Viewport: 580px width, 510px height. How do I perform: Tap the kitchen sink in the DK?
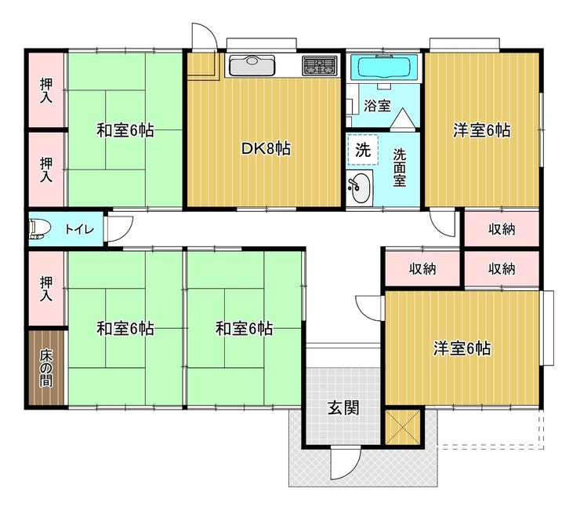pyautogui.click(x=252, y=66)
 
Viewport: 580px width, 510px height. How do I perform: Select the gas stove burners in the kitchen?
pyautogui.click(x=320, y=66)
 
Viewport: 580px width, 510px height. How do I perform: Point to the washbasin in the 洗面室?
pyautogui.click(x=359, y=188)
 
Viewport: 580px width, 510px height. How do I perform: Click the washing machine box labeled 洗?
pyautogui.click(x=363, y=150)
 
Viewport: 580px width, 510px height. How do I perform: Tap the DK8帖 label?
pyautogui.click(x=266, y=148)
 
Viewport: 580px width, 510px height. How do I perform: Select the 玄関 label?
pyautogui.click(x=343, y=408)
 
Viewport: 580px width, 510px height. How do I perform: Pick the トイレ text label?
pyautogui.click(x=79, y=229)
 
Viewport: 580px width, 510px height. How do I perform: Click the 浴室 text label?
pyautogui.click(x=377, y=106)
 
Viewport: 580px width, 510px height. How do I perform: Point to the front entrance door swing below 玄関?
pyautogui.click(x=346, y=463)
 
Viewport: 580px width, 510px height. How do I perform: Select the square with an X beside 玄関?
pyautogui.click(x=403, y=427)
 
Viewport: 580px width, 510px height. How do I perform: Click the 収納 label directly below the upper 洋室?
pyautogui.click(x=501, y=230)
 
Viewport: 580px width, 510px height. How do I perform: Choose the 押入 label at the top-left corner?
pyautogui.click(x=46, y=91)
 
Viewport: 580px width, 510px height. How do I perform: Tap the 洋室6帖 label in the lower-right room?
pyautogui.click(x=462, y=348)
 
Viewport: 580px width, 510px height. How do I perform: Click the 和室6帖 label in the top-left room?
pyautogui.click(x=125, y=130)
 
